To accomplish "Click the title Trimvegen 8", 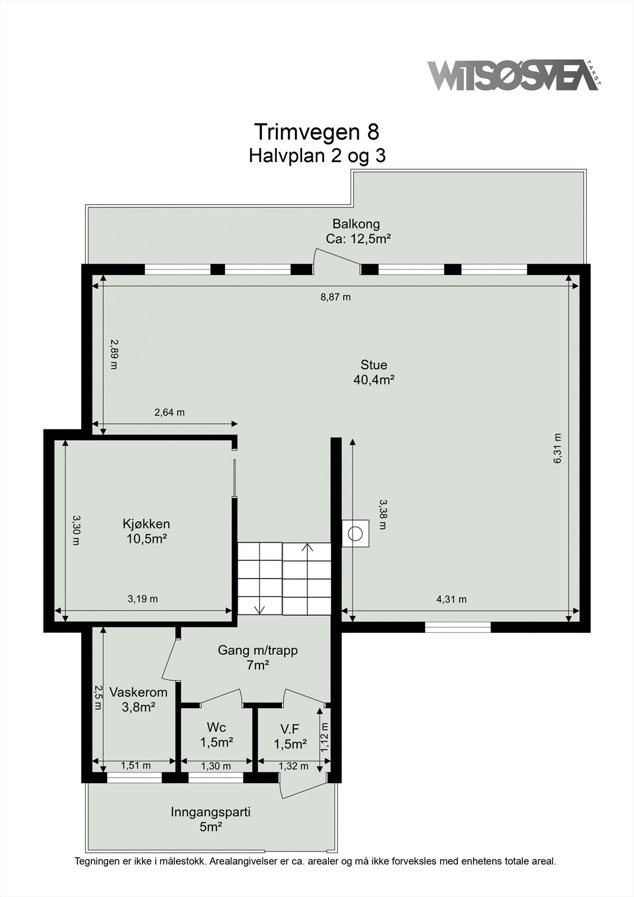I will [317, 132].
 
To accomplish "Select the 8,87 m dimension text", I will [335, 297].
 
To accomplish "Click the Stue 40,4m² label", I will [374, 372].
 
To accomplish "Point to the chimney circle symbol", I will [355, 533].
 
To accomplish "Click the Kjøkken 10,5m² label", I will [146, 531].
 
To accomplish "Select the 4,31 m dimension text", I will [451, 599].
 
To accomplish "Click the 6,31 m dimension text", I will [558, 449].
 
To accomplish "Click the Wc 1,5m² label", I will [216, 734].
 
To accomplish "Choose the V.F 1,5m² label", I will [290, 736].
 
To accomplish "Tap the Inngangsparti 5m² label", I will [211, 819].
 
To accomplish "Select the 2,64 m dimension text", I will [169, 413].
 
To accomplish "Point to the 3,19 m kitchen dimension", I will [142, 599].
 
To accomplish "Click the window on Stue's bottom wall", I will [457, 627].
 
